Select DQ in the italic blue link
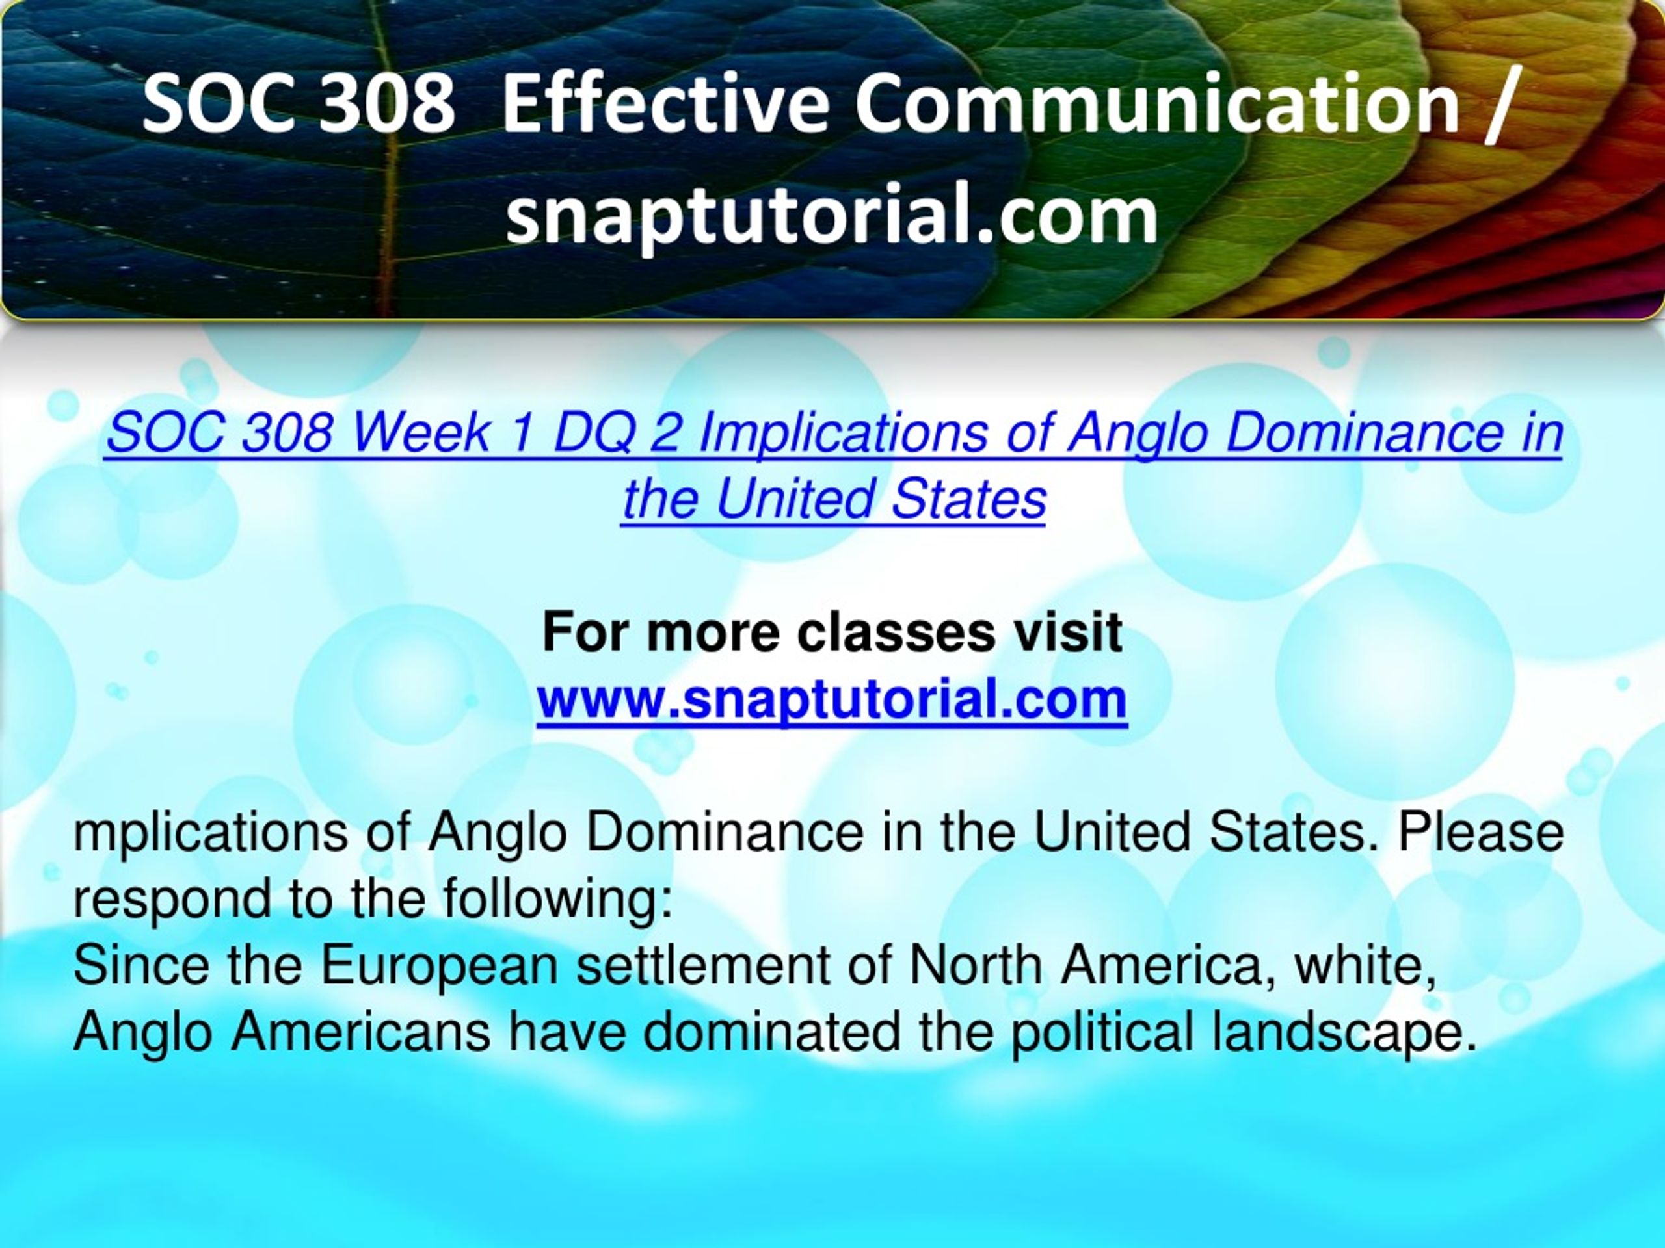pos(594,435)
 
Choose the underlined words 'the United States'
pos(834,499)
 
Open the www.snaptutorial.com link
pos(832,699)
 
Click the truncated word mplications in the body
pos(211,834)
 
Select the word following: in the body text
pos(557,900)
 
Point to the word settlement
pos(703,965)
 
